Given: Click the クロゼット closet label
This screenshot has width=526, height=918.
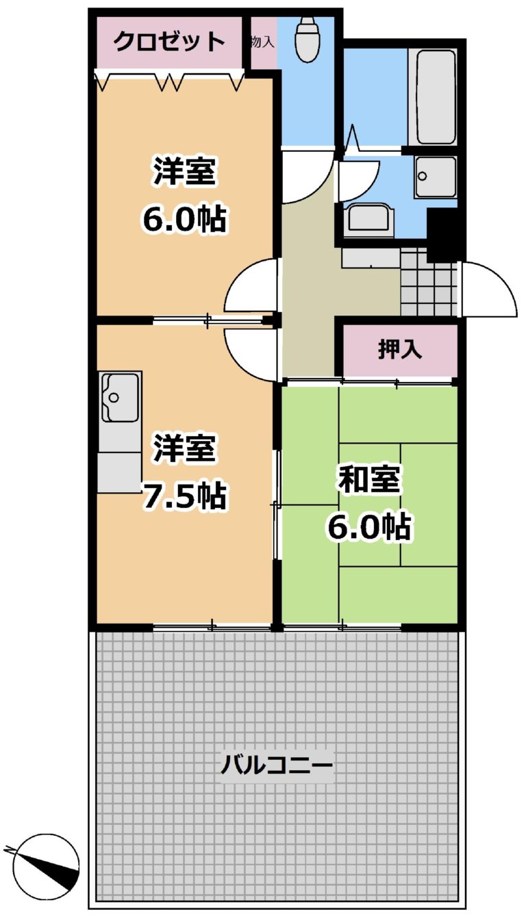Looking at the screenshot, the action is [x=169, y=41].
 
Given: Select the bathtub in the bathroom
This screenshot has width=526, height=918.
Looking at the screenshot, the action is [x=436, y=97].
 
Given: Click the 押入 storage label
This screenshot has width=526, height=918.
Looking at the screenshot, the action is [x=399, y=350].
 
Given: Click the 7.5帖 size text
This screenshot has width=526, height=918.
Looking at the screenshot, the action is [x=184, y=497].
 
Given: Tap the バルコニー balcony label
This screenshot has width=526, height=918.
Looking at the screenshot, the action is [x=277, y=765].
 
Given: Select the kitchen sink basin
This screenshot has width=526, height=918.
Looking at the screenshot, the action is [x=120, y=397].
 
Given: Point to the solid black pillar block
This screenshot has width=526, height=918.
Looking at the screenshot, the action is [x=444, y=234].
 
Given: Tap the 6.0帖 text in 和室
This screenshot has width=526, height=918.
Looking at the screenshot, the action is [x=369, y=526].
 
